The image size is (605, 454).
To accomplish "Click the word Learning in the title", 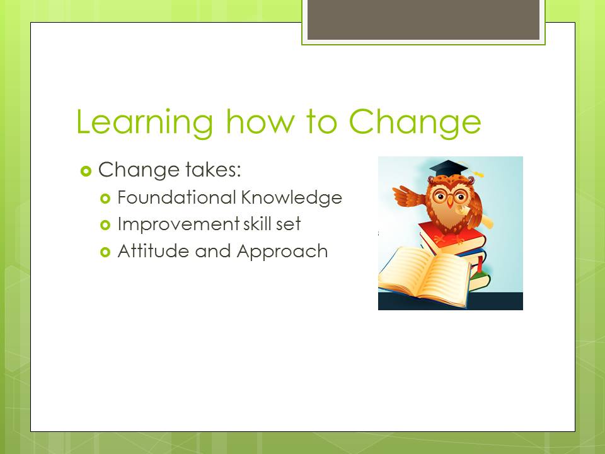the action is pyautogui.click(x=145, y=123).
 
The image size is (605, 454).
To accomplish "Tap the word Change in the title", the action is pyautogui.click(x=415, y=123).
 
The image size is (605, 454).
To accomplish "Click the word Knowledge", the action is pyautogui.click(x=292, y=198).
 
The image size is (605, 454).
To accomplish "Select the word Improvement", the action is pyautogui.click(x=178, y=224).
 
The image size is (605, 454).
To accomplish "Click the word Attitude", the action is pyautogui.click(x=154, y=251).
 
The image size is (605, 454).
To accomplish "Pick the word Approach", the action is pyautogui.click(x=282, y=252).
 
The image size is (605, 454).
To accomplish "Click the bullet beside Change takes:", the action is pyautogui.click(x=86, y=171).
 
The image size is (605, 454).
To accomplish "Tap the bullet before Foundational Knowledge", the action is pyautogui.click(x=105, y=199).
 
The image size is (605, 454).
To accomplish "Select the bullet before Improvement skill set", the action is pyautogui.click(x=105, y=225).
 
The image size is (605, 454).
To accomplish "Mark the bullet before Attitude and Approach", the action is pyautogui.click(x=105, y=252).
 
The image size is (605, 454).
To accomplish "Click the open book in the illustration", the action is pyautogui.click(x=424, y=276).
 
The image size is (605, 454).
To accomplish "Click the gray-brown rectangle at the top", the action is pyautogui.click(x=423, y=20).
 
